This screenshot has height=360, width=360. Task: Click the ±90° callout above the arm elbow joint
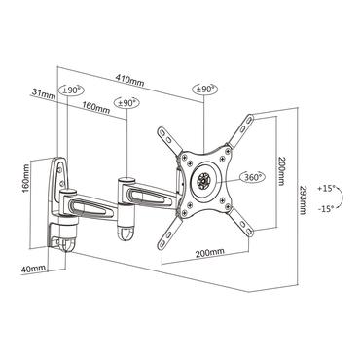click(x=127, y=100)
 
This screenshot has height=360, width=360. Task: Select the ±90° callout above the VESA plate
click(x=204, y=90)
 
